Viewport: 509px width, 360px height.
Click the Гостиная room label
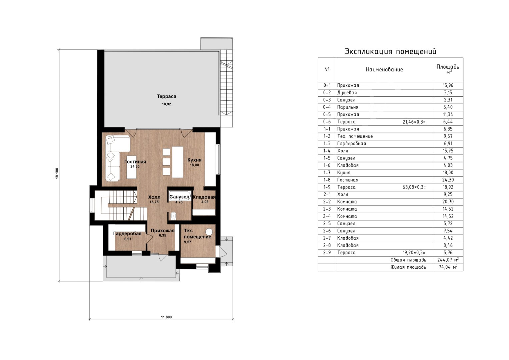[x=135, y=162]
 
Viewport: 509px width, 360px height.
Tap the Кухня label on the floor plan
[x=195, y=160]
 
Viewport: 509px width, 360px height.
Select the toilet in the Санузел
[x=173, y=215]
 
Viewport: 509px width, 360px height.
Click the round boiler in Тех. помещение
[x=209, y=232]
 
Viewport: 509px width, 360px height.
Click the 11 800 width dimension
[x=166, y=317]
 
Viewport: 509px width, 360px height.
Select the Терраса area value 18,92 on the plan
[x=167, y=104]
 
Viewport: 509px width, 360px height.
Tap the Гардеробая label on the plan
[x=127, y=234]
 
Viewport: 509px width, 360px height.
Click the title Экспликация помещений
[x=391, y=51]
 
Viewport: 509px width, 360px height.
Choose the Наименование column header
[x=384, y=70]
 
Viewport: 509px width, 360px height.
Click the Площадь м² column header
[x=448, y=69]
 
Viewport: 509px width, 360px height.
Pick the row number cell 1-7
[x=327, y=172]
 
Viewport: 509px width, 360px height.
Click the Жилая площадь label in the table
[x=408, y=267]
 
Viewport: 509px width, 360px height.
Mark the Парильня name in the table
[x=348, y=107]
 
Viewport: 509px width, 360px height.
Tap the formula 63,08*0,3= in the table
[x=414, y=187]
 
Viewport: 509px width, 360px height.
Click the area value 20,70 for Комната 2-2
[x=448, y=202]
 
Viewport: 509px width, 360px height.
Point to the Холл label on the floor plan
[x=154, y=197]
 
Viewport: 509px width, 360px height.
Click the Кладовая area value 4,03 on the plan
[x=205, y=202]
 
